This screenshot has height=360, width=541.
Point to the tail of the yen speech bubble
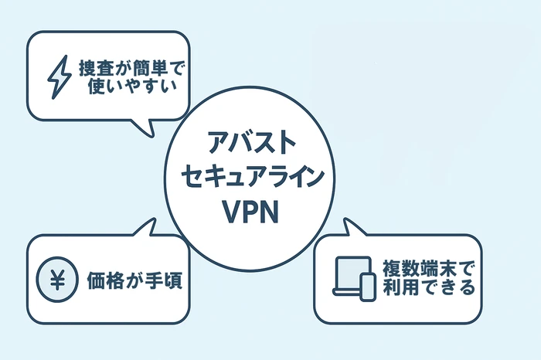tap(147, 226)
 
